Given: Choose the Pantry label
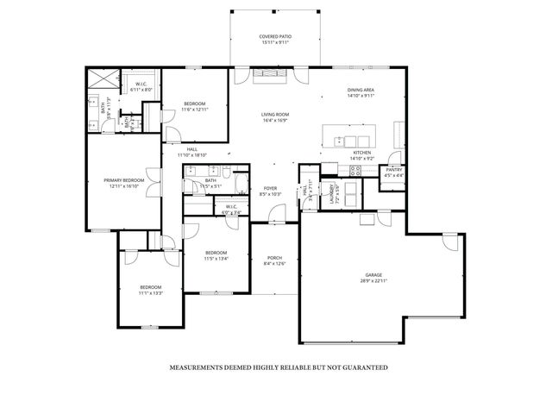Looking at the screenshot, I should (x=393, y=170).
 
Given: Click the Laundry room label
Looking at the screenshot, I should (x=331, y=195).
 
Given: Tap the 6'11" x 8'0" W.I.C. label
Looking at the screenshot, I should (x=141, y=85).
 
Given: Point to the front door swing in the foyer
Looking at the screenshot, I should (x=276, y=213).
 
